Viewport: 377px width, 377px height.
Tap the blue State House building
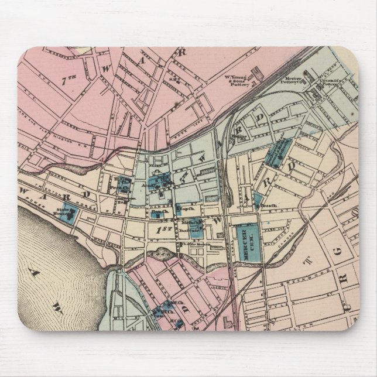pyautogui.click(x=69, y=217)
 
